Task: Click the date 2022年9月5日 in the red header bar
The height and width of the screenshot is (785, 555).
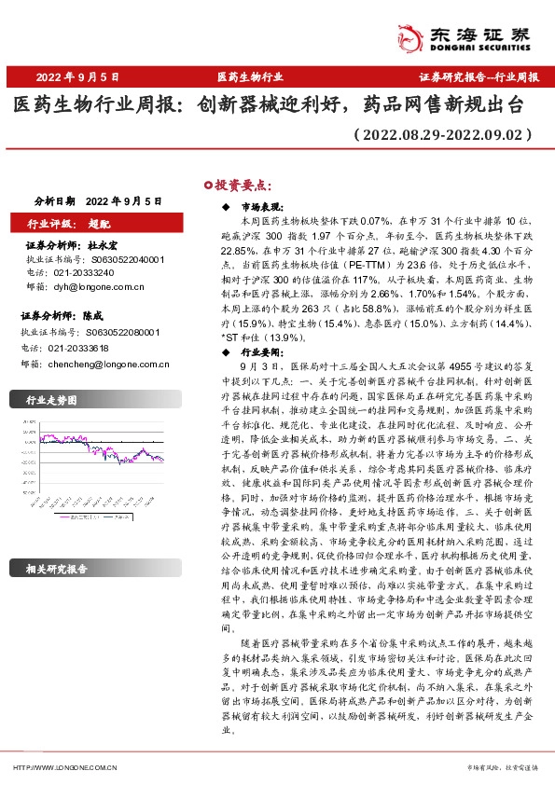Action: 78,76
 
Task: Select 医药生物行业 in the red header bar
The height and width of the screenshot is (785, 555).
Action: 249,76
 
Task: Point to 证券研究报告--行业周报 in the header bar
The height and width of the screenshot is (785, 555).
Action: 479,76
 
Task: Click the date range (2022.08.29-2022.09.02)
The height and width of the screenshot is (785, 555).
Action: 444,134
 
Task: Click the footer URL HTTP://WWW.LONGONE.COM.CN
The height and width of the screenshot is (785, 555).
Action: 63,767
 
